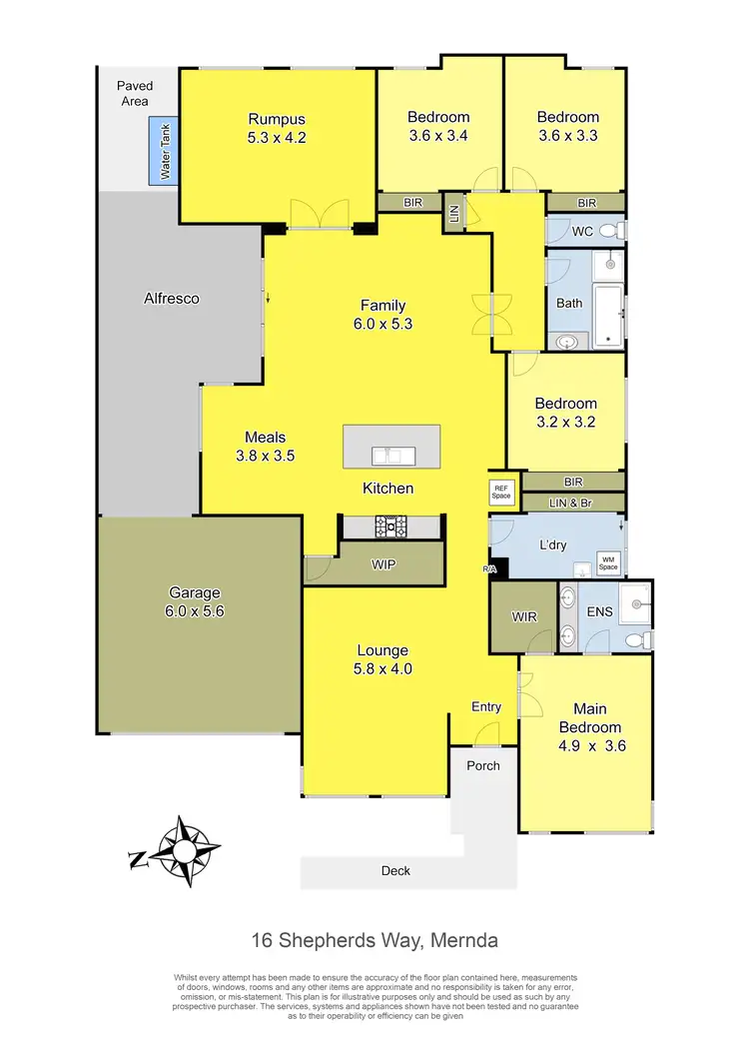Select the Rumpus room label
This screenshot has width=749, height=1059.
coord(277,128)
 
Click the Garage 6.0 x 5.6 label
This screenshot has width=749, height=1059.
coord(196,601)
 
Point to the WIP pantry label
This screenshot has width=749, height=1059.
coord(384,565)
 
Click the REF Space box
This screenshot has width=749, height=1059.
coord(501,492)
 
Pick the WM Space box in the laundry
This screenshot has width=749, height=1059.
coord(607,562)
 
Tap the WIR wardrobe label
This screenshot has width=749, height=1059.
coord(523,617)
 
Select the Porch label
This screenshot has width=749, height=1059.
coord(483,765)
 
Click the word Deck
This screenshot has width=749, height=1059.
coord(396,870)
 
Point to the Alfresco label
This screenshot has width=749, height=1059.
coord(172,298)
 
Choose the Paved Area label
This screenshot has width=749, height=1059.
coord(132,94)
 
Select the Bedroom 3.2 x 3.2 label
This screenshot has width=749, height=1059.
coord(565,413)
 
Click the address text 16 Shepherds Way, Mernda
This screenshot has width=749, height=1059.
coord(374,940)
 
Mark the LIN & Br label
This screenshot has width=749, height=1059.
coord(572,502)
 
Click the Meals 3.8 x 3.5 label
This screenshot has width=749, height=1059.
coord(266,446)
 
